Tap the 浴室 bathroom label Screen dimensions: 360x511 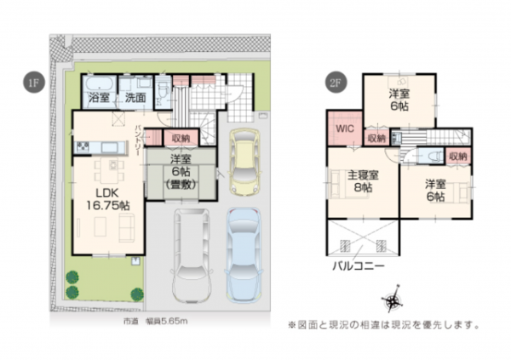point(100,99)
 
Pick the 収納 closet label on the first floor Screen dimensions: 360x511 point(181,138)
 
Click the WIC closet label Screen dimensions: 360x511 point(344,129)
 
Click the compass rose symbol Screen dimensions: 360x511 point(393,300)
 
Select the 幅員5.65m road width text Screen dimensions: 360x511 point(169,321)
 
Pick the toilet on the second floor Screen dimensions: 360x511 point(430,157)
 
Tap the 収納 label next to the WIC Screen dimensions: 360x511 point(376,139)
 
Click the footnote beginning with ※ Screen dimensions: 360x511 point(383,324)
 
